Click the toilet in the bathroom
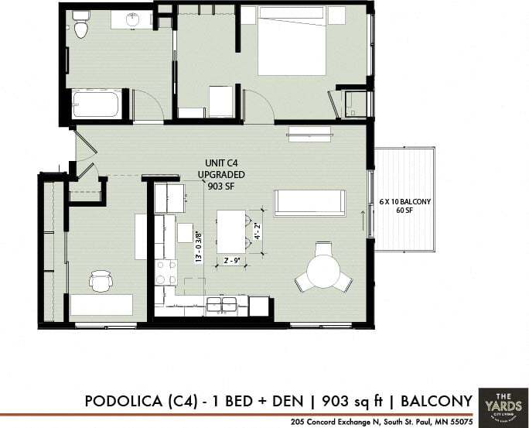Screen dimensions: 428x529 click(81, 27)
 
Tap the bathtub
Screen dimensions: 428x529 click(96, 104)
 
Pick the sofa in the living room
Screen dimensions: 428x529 click(309, 202)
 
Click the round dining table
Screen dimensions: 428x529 click(323, 271)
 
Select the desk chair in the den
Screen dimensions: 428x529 click(101, 281)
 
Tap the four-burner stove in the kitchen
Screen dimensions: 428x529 click(166, 272)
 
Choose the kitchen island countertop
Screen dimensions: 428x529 click(230, 231)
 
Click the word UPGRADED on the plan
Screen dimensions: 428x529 click(221, 174)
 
